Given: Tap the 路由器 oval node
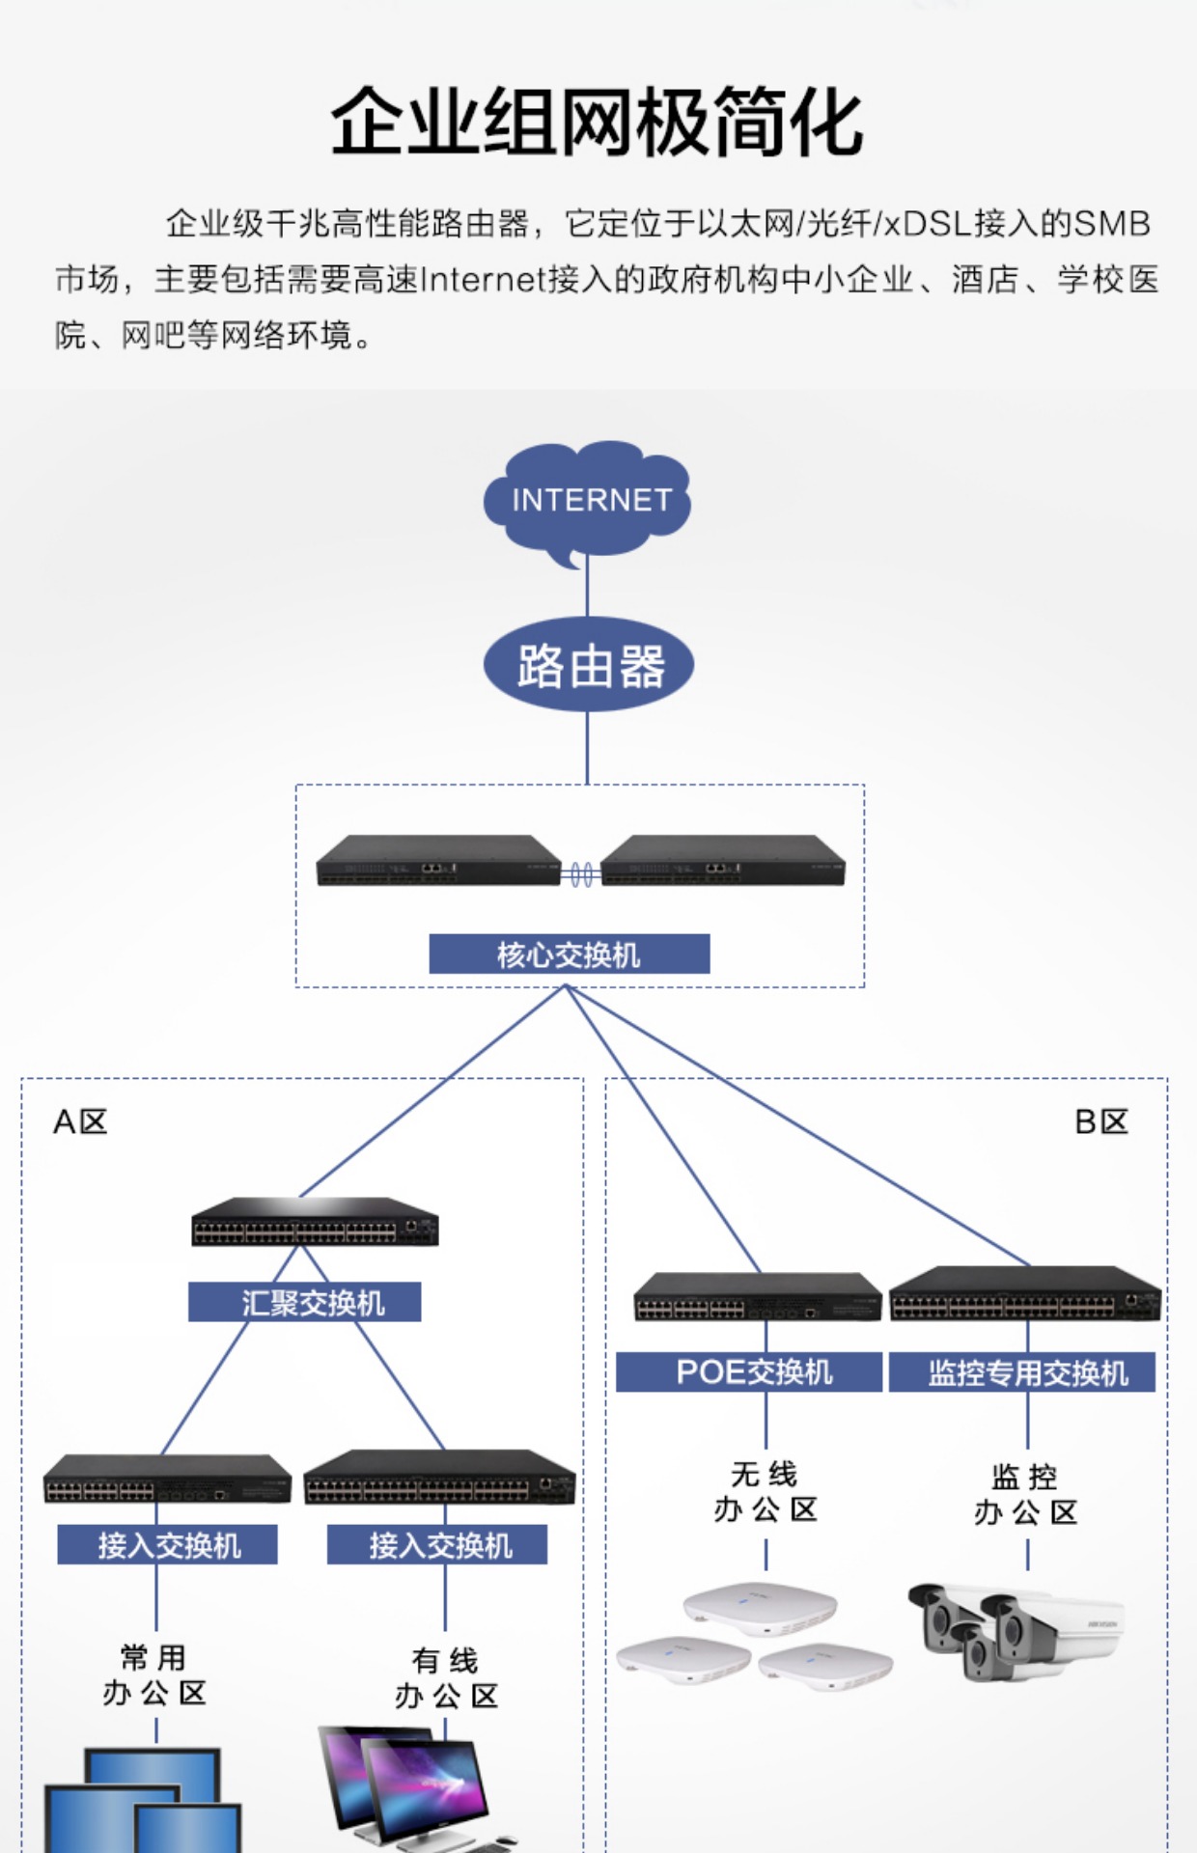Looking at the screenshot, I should pyautogui.click(x=589, y=666).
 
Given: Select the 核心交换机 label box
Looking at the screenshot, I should pyautogui.click(x=569, y=954).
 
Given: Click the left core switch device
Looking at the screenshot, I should pyautogui.click(x=438, y=861).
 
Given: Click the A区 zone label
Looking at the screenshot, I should pyautogui.click(x=80, y=1121).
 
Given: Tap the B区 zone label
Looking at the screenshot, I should pyautogui.click(x=1101, y=1121).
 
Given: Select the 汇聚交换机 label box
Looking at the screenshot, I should pyautogui.click(x=304, y=1302).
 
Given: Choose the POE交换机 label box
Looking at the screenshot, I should pyautogui.click(x=749, y=1371).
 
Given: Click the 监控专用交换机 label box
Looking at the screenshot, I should pyautogui.click(x=1022, y=1372).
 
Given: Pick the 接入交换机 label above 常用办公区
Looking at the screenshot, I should pyautogui.click(x=167, y=1545).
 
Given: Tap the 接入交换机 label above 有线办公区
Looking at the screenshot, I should pyautogui.click(x=437, y=1545).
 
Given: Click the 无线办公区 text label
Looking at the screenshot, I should pyautogui.click(x=766, y=1492).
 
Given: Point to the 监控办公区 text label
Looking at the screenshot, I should pyautogui.click(x=1025, y=1494).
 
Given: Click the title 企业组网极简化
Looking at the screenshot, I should pyautogui.click(x=597, y=123).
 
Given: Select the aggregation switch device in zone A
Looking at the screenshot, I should pyautogui.click(x=315, y=1223).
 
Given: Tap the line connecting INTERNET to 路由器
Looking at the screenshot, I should pyautogui.click(x=587, y=591).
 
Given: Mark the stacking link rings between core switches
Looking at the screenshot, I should pyautogui.click(x=581, y=874).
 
